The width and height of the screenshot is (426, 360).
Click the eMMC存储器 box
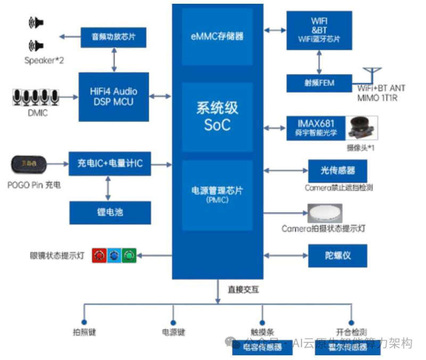coord(217,36)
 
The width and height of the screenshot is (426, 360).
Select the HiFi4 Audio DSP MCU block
coord(113,97)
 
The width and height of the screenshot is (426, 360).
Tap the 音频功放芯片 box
coord(113,37)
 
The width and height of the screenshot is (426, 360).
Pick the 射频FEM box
coord(319,83)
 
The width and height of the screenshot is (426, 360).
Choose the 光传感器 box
coord(338,171)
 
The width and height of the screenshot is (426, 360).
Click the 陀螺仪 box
coord(338,256)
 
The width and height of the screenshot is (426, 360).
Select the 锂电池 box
coord(110,212)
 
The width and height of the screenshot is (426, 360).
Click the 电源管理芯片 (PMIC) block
coord(217,194)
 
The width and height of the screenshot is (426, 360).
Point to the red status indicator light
coord(99,256)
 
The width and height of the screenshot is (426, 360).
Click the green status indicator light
coord(129,256)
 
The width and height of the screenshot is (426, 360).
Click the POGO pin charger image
coord(30,165)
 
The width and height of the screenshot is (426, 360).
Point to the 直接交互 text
coord(243,290)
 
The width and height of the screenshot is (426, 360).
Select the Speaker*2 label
coord(44,60)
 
